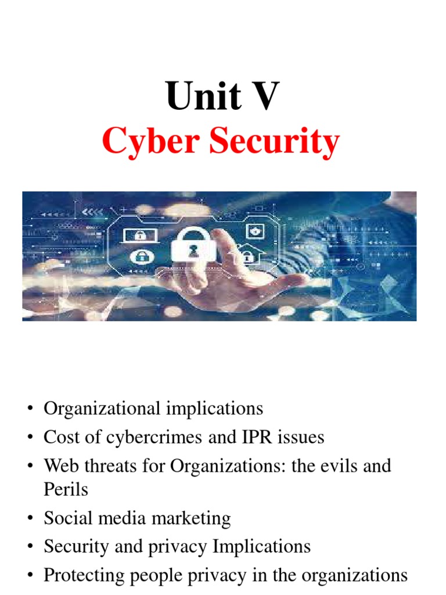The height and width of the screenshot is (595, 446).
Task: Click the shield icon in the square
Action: (x=254, y=231)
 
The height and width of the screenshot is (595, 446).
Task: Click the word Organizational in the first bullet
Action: (x=102, y=408)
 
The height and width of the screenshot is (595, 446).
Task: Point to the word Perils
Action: (x=66, y=489)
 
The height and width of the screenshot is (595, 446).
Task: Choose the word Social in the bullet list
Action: (x=67, y=518)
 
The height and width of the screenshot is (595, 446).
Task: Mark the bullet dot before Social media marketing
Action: (x=29, y=518)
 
